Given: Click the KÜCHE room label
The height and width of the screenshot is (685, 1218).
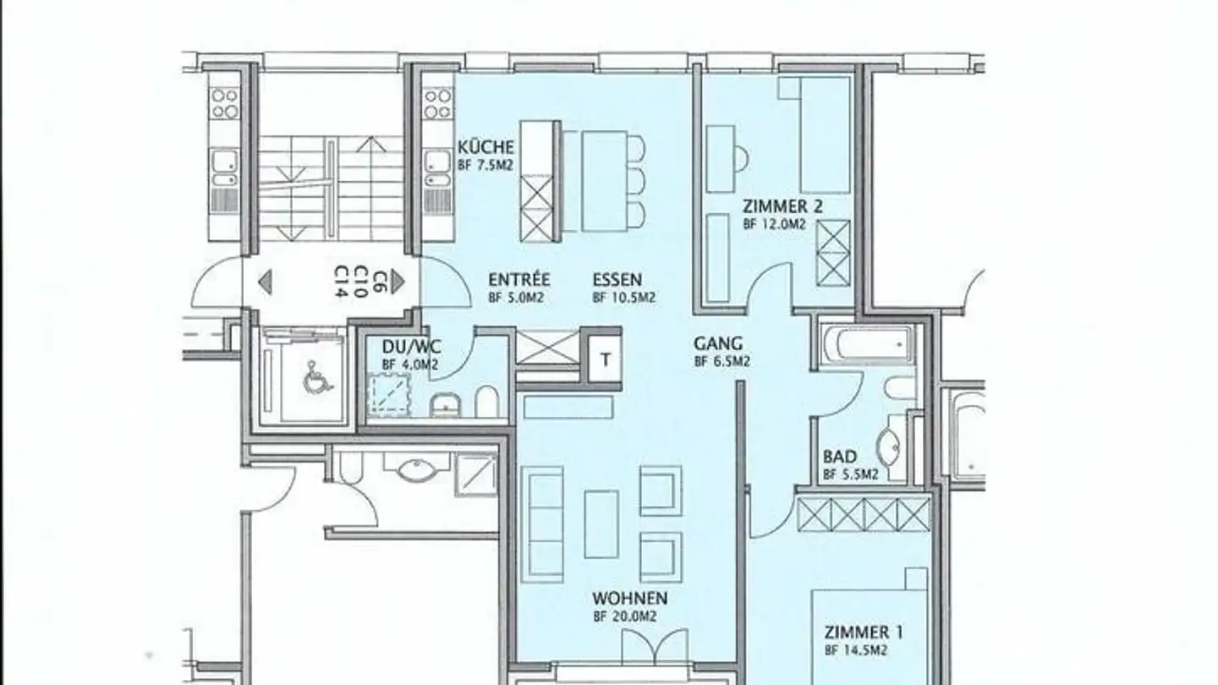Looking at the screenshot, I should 486,147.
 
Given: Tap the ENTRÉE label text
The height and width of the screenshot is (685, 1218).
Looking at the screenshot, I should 518,280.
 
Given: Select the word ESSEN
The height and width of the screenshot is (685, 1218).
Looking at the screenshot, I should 617,280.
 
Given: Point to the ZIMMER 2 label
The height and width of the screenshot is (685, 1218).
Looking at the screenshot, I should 782,206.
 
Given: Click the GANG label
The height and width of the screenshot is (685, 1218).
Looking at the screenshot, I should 718,344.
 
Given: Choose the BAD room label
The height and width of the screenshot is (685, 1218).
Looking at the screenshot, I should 839,458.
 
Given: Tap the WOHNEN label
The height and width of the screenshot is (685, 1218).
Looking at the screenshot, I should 629,599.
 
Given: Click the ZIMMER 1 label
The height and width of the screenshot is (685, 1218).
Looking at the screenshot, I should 857,633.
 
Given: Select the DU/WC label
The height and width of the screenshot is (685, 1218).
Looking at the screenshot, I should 410,348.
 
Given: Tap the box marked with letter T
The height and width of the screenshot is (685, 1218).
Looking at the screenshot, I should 605,359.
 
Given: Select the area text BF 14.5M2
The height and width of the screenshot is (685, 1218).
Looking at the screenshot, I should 855,650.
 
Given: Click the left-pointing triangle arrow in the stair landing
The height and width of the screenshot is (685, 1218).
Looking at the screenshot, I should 265,282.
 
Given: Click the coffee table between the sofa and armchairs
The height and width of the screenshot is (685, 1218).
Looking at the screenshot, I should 601,523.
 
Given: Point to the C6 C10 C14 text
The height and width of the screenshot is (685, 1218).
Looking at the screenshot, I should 359,281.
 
